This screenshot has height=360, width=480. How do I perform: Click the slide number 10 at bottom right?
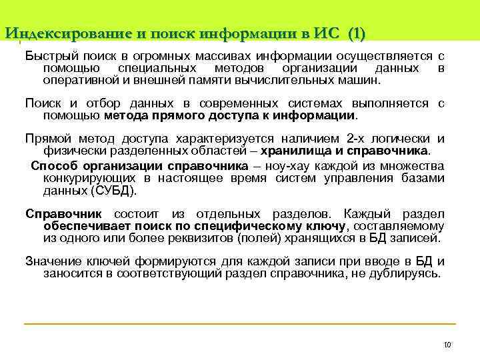click(x=447, y=345)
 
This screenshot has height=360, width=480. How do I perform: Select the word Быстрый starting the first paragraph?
click(x=47, y=56)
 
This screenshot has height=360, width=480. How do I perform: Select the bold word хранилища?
click(x=297, y=151)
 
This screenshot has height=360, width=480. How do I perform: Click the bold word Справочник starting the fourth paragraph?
click(x=63, y=213)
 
